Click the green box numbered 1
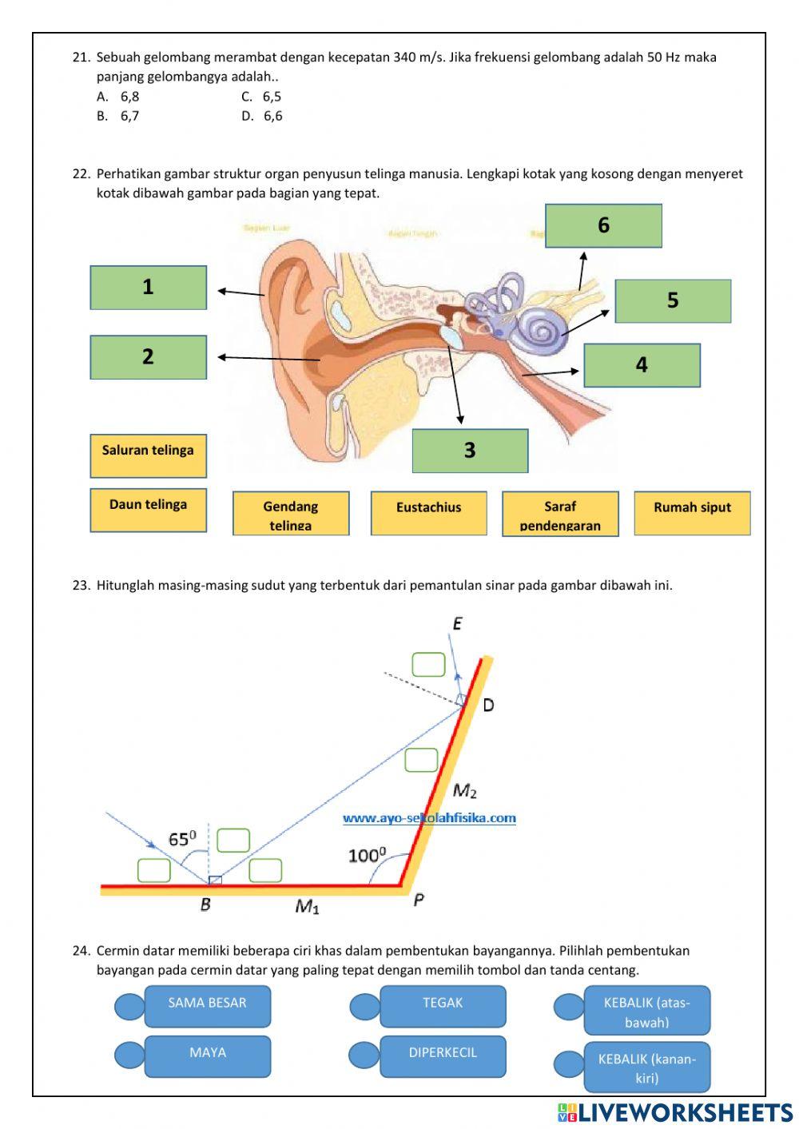click(148, 288)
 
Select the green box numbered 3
click(470, 451)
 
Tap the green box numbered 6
click(603, 225)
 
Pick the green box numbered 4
click(642, 365)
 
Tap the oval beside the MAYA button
click(129, 1055)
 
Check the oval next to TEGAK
click(364, 1007)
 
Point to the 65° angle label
click(182, 839)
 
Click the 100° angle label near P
click(367, 856)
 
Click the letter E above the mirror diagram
click(457, 624)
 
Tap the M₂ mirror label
click(464, 791)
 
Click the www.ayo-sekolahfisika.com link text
click(429, 818)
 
